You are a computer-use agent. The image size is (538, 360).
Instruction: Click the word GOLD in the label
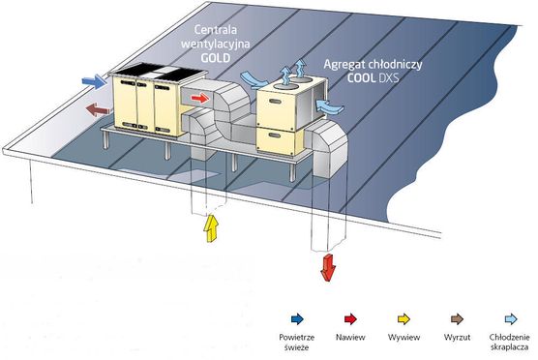(216, 58)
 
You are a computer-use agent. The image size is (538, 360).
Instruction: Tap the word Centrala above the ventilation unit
(216, 29)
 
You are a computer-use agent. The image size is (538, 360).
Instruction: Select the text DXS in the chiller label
(389, 78)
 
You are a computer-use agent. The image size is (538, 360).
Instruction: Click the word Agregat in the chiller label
(344, 65)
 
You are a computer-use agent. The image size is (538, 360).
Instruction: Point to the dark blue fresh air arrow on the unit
(94, 81)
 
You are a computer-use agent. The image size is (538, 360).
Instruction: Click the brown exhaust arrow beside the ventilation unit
(98, 109)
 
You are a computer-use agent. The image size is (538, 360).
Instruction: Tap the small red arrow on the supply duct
(200, 99)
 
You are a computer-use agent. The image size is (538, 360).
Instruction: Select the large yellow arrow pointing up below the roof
(211, 228)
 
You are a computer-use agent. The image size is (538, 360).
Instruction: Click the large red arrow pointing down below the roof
(328, 268)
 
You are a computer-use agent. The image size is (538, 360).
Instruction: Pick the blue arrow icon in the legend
(297, 319)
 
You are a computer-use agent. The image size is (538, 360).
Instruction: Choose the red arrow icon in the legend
(350, 319)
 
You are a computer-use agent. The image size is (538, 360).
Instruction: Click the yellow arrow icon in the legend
(403, 319)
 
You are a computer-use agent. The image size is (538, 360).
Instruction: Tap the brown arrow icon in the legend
(457, 319)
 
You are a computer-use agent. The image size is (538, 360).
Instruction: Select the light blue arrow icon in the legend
(511, 319)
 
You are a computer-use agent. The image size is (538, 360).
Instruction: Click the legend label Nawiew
(350, 338)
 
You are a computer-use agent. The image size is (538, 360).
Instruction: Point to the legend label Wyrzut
(457, 338)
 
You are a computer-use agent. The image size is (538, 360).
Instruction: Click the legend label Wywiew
(403, 338)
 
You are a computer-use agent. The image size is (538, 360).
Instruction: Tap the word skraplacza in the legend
(510, 347)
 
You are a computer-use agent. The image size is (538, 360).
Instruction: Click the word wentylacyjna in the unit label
(216, 45)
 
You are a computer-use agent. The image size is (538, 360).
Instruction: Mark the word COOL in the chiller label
(361, 78)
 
